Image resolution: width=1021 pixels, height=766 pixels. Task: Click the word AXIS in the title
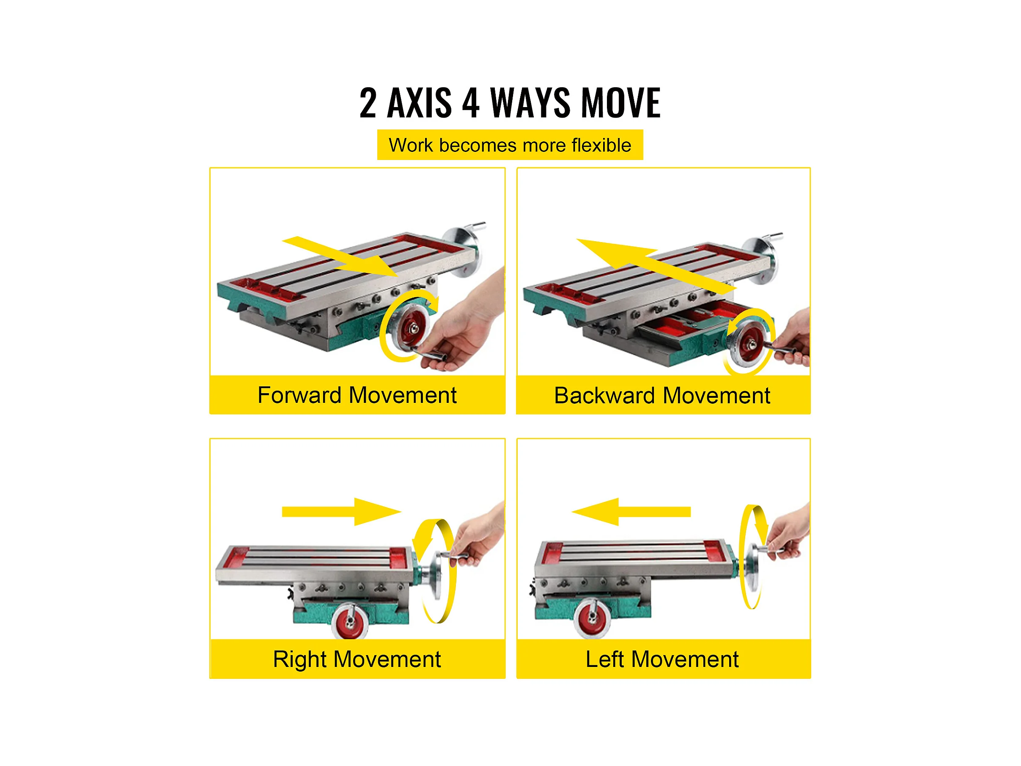tap(420, 102)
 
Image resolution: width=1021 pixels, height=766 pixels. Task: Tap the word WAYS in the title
tap(530, 102)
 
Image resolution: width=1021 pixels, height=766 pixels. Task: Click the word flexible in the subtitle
tap(601, 145)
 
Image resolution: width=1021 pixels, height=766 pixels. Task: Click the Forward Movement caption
tap(357, 395)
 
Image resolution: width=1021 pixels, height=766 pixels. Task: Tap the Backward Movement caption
tap(662, 396)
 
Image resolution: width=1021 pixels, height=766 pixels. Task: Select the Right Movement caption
tap(357, 659)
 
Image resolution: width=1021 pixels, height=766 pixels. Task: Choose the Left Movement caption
tap(662, 659)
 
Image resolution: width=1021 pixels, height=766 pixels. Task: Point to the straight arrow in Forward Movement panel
tap(340, 257)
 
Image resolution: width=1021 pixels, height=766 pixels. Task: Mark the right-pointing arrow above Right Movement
tap(342, 512)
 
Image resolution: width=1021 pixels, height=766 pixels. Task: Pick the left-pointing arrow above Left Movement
tap(631, 512)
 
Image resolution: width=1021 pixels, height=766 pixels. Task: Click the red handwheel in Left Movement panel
tap(592, 619)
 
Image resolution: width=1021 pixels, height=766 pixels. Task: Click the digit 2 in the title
tap(368, 102)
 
